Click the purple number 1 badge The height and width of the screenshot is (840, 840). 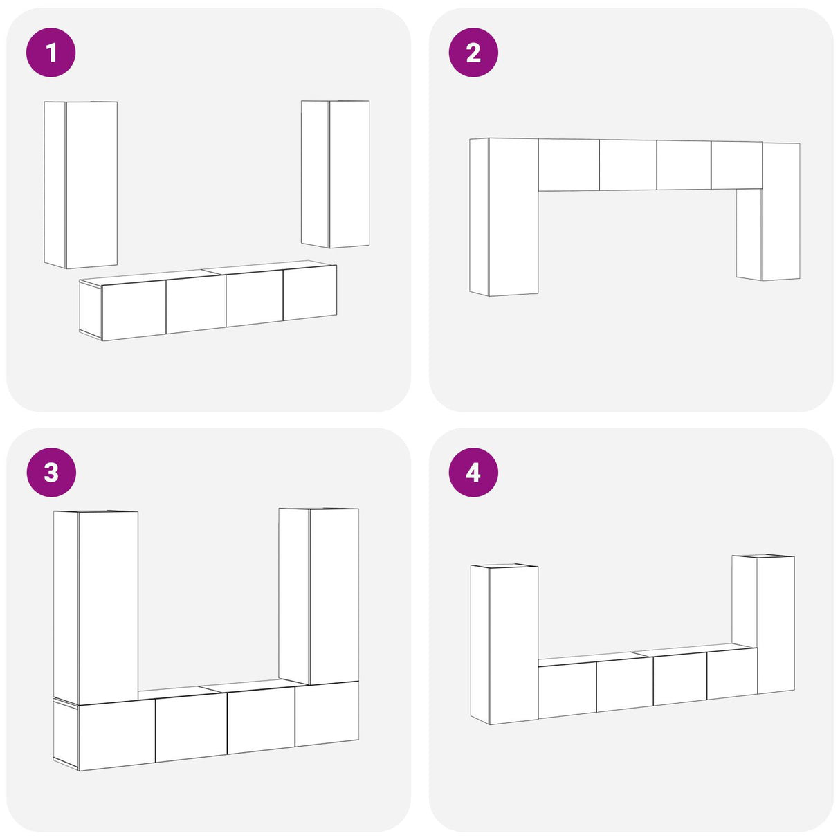(51, 53)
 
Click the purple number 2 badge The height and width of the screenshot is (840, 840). (473, 53)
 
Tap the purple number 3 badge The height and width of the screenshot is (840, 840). (51, 473)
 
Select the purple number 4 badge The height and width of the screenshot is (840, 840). (473, 473)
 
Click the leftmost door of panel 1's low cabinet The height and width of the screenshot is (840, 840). (134, 311)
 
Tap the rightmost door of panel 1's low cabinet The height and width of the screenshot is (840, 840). (309, 294)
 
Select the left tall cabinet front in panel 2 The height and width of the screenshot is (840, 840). (513, 216)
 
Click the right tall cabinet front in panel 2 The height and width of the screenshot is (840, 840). (780, 211)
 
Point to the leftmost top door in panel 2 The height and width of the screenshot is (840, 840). (568, 165)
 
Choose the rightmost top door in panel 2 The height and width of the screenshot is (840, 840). (736, 165)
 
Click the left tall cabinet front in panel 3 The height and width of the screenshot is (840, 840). (108, 605)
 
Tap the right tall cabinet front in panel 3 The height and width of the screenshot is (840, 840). (334, 596)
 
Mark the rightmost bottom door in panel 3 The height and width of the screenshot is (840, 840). (327, 713)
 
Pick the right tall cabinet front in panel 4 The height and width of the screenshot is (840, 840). (775, 624)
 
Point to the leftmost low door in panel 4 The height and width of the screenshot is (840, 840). (567, 689)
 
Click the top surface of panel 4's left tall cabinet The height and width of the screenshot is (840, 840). (504, 566)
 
